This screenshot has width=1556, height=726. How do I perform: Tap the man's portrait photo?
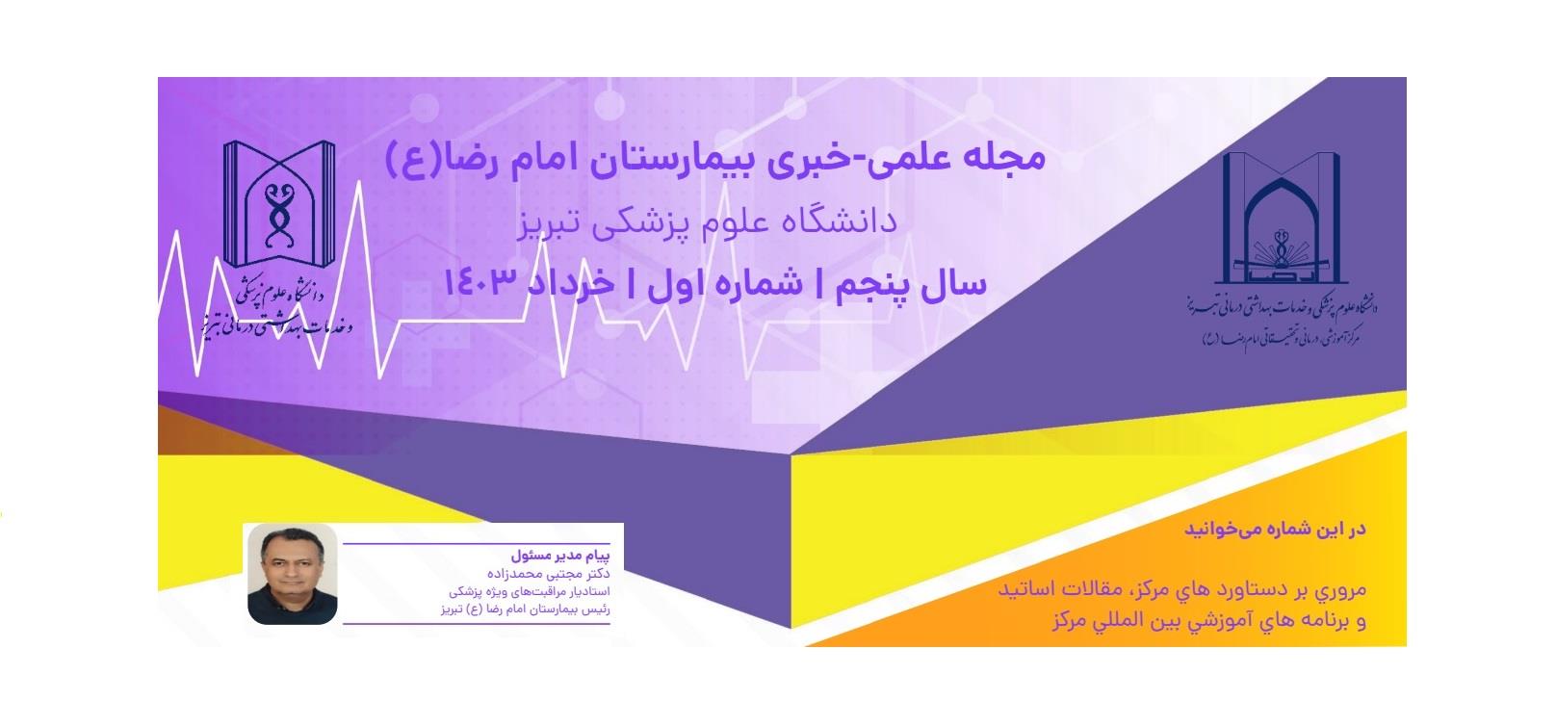point(293,575)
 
